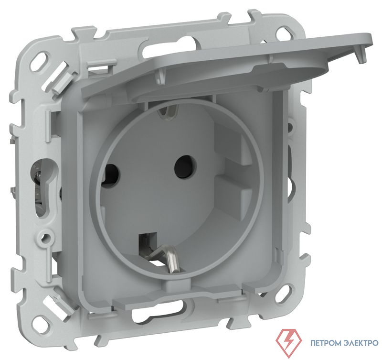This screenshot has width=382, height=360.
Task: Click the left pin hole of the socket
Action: coord(111,173)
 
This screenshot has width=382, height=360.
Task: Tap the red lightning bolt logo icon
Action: coord(289,341)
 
